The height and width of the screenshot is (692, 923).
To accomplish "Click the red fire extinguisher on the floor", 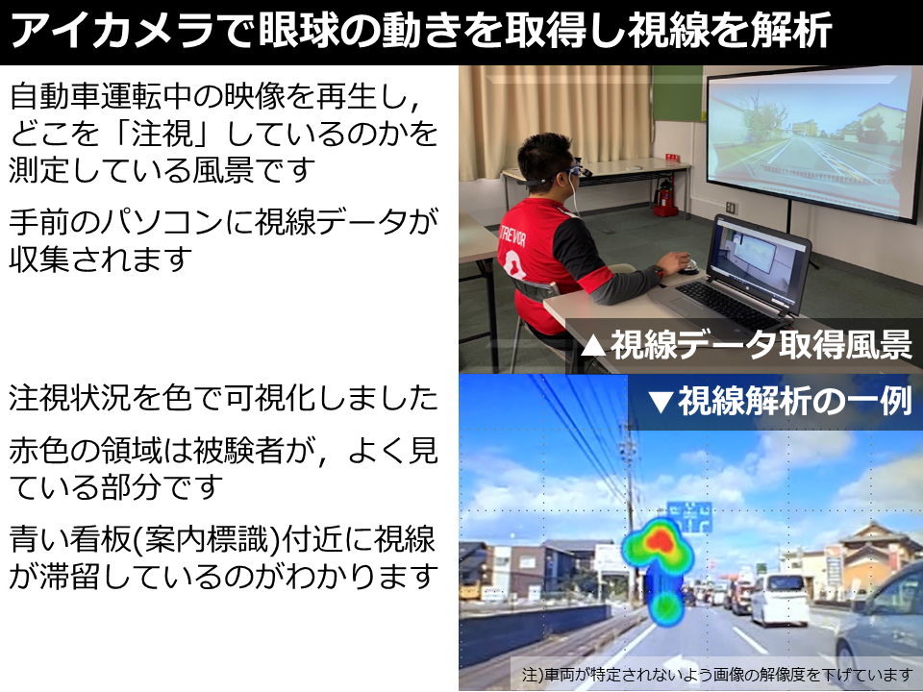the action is point(665,198).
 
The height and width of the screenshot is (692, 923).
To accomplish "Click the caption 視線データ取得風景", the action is point(761,345).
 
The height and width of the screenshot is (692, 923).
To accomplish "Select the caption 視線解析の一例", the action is point(795,402).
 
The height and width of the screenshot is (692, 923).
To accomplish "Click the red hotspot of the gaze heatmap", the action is point(661,538).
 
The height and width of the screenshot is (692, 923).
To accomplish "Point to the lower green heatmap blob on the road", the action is point(666,606).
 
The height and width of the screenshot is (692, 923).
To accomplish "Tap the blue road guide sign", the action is point(690,517).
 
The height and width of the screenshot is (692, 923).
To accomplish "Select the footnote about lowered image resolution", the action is point(717,675).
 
